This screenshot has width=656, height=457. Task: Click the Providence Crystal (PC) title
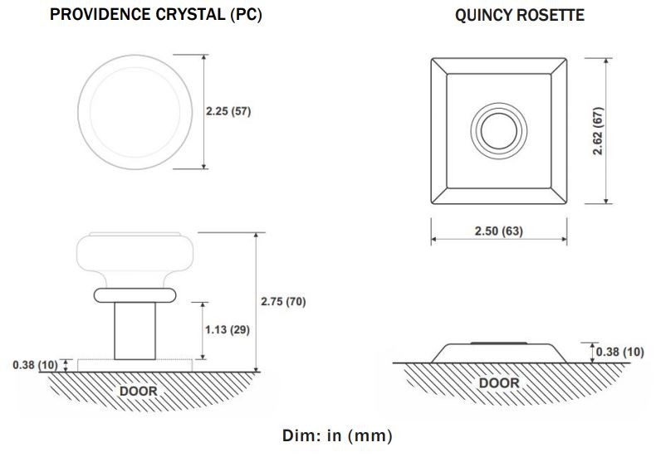[155, 15]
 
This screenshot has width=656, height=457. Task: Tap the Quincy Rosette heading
[520, 15]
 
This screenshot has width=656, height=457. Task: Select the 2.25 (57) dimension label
[228, 111]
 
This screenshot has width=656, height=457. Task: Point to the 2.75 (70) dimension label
[283, 301]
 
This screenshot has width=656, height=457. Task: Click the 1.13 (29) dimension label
[228, 329]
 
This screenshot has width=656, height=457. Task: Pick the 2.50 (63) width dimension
[499, 231]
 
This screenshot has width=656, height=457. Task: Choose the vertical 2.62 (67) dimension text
[598, 131]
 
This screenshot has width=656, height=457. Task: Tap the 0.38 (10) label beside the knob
[35, 365]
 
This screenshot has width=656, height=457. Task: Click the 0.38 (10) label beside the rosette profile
[620, 352]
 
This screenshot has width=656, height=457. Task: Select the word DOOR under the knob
[139, 391]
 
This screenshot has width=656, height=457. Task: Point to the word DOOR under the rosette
[499, 382]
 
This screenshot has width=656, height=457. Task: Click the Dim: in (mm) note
[338, 435]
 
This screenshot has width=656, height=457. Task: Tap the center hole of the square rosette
[499, 131]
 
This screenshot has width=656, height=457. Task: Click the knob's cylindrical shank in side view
[135, 331]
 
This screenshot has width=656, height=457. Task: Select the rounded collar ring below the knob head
[135, 295]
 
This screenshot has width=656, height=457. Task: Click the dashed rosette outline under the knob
[135, 366]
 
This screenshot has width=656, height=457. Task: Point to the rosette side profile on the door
[499, 353]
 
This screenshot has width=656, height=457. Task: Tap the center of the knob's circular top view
[135, 112]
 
